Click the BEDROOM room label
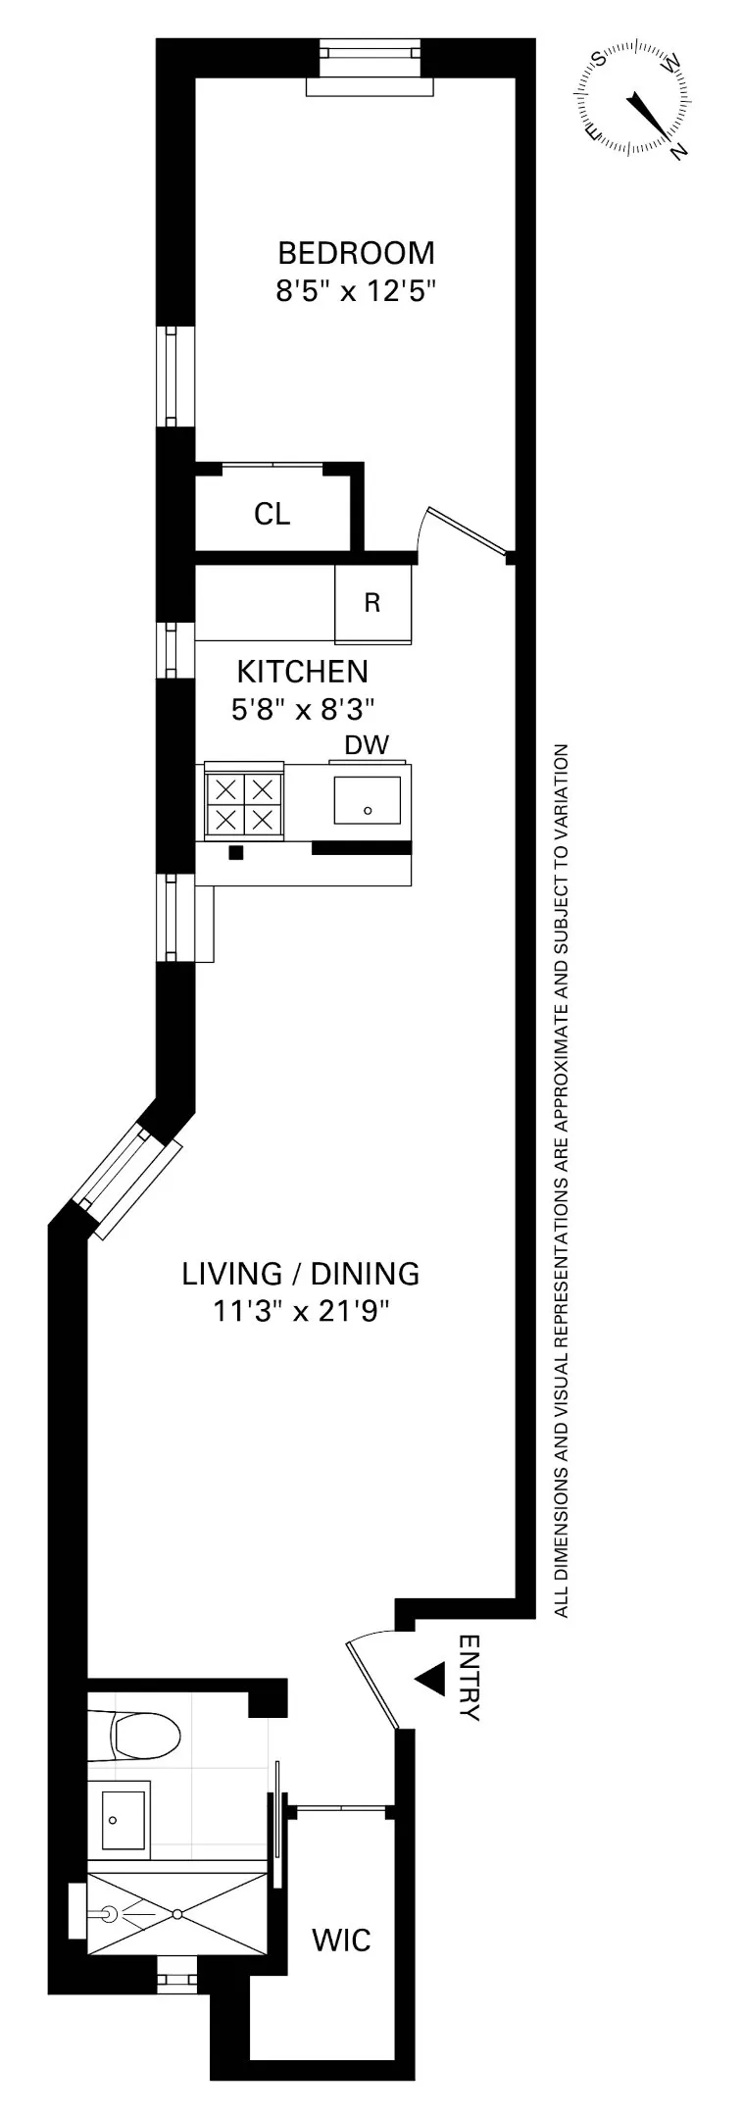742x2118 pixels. point(356,253)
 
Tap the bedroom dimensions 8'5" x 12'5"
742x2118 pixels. point(355,291)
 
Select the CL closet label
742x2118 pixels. point(272,514)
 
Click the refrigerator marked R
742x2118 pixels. point(372,603)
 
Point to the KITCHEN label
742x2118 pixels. point(303,672)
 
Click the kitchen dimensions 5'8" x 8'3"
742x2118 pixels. point(303,708)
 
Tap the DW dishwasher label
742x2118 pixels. point(367,745)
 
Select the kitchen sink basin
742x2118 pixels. point(367,800)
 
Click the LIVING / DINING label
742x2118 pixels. point(301,1274)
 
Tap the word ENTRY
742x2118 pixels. point(469,1678)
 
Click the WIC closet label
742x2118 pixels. point(341,1940)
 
